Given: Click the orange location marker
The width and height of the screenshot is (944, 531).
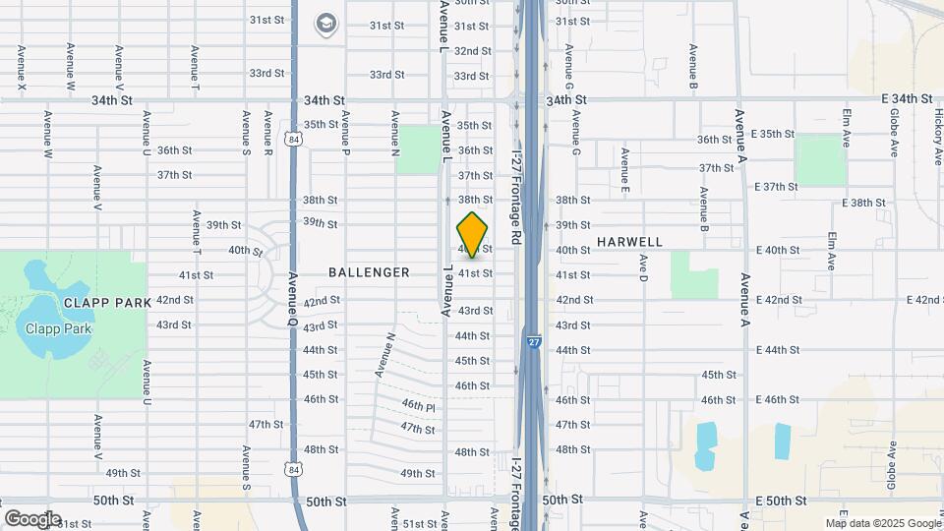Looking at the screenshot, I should tap(473, 235).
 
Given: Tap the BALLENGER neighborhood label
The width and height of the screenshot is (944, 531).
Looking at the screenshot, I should tap(369, 272).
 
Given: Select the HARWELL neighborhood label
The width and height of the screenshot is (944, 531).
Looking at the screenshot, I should tap(629, 242).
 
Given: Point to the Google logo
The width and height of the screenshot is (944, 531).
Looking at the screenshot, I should tap(31, 519).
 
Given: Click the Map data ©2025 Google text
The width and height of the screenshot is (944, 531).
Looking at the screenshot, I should tap(882, 523).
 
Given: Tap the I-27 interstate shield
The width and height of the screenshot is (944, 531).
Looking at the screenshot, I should tap(533, 342).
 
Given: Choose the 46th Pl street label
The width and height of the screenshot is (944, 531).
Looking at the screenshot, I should tap(418, 406).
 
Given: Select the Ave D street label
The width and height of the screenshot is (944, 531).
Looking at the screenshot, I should tap(643, 266).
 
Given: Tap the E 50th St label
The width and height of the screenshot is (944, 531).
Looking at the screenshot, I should tap(782, 501).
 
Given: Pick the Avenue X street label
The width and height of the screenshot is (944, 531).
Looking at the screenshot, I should tap(22, 68).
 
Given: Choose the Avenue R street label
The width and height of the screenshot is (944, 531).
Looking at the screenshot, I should tap(267, 134).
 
